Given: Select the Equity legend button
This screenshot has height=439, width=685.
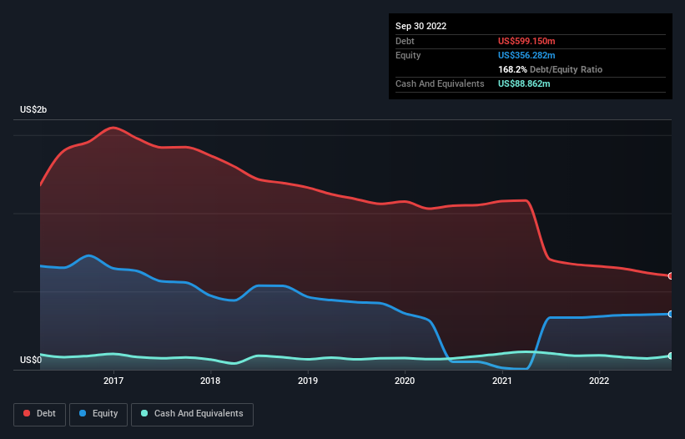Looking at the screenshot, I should [98, 413].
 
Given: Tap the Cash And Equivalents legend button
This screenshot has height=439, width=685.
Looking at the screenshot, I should [192, 413].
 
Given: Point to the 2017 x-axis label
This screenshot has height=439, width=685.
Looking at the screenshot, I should [113, 381].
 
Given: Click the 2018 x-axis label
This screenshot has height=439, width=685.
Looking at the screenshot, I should [210, 381].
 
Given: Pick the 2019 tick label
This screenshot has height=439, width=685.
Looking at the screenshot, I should [308, 381].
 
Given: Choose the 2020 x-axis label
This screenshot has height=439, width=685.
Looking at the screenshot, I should [405, 381].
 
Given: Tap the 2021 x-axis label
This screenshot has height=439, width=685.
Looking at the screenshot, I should [501, 381].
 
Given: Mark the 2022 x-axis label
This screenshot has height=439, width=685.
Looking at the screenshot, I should [598, 381].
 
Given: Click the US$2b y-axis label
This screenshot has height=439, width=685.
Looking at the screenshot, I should [35, 110].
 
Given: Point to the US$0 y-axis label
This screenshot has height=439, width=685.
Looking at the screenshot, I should [30, 360].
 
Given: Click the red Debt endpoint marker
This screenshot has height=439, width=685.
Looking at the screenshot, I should [670, 275].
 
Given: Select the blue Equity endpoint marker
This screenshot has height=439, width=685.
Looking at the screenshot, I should [670, 314].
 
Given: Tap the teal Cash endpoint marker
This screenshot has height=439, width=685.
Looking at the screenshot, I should [670, 356].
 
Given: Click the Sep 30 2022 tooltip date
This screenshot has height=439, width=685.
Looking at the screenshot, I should [421, 26].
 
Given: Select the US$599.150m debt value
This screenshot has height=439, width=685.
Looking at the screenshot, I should [526, 41].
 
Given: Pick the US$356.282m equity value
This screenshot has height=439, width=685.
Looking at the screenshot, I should [526, 55].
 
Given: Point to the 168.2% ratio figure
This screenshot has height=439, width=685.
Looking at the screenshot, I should [513, 69].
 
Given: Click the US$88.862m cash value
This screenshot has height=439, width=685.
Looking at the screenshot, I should [524, 83].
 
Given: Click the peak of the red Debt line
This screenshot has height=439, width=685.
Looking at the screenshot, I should [113, 128].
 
